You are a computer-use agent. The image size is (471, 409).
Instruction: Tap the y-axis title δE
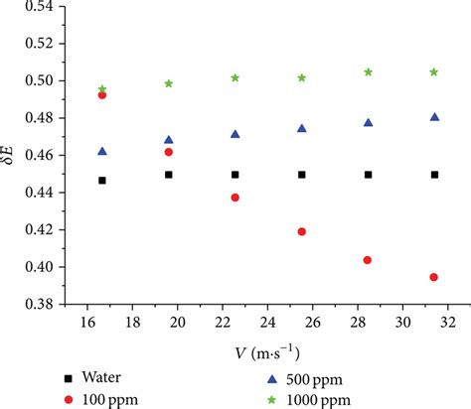coord(12,155)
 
